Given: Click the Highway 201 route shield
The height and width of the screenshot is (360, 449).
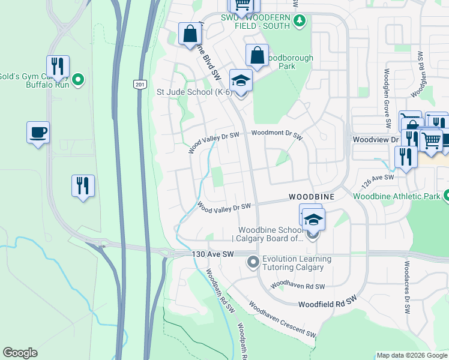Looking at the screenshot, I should coord(140,85).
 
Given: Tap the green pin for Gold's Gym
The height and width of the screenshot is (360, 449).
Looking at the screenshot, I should coord(77,79).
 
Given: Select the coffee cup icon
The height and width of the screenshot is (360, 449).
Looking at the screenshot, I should coord(38,132).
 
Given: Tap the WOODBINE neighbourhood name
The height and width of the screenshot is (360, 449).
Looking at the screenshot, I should coord(311,197).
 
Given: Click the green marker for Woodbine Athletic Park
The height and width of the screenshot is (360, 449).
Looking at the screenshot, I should coord(446,196).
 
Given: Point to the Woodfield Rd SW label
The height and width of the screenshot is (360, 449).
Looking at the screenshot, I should coord(327,298).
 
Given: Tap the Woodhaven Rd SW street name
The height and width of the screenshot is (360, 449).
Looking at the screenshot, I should coord(298,286).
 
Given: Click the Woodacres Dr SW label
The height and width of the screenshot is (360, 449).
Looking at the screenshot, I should coord(407,288).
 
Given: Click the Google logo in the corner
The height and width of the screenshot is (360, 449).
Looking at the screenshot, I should coord(20,353).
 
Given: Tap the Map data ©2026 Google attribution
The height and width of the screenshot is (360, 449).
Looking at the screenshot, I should coord(412,355).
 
